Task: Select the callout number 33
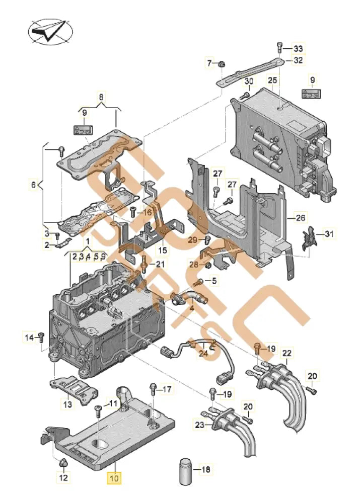(299, 49)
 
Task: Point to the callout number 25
(272, 80)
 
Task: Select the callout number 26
(301, 218)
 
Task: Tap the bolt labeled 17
(152, 389)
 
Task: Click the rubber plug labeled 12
(64, 462)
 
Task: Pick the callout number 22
(286, 354)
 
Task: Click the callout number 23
(199, 426)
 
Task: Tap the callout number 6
(33, 185)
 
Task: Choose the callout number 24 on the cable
(202, 354)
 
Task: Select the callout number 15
(163, 250)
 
